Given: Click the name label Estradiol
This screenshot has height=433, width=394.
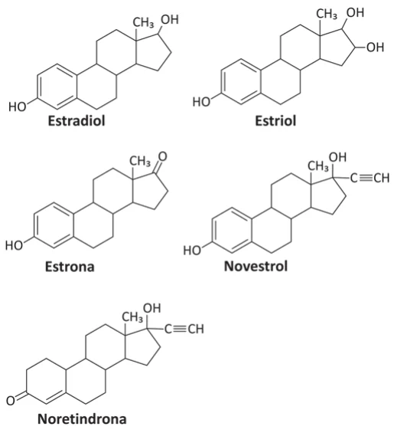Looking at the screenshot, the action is pyautogui.click(x=77, y=120).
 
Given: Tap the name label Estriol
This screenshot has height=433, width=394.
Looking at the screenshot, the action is pyautogui.click(x=275, y=120).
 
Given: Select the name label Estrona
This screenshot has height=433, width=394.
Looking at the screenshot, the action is pyautogui.click(x=70, y=267).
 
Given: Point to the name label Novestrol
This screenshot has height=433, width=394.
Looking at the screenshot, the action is pyautogui.click(x=256, y=266).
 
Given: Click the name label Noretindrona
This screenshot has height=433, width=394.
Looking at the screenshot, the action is pyautogui.click(x=82, y=419).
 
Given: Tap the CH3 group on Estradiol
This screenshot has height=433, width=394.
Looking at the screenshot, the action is pyautogui.click(x=143, y=23).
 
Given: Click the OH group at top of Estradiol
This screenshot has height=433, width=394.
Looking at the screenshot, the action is pyautogui.click(x=170, y=20).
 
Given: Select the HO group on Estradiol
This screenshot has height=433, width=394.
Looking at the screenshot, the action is pyautogui.click(x=18, y=107).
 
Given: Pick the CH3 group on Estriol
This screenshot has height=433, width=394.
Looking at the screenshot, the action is pyautogui.click(x=327, y=14).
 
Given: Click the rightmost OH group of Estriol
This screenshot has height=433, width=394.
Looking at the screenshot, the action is pyautogui.click(x=375, y=48).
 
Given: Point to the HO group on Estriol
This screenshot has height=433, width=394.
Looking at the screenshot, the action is pyautogui.click(x=201, y=102).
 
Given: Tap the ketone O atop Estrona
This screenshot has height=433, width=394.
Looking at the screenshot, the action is pyautogui.click(x=163, y=156).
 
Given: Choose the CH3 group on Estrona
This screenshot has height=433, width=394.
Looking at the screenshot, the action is pyautogui.click(x=140, y=161).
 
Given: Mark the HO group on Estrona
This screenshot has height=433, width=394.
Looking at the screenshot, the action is pyautogui.click(x=14, y=245).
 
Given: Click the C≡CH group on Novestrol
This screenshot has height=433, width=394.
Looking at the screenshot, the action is pyautogui.click(x=370, y=178).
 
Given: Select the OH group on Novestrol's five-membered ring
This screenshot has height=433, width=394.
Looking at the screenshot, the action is pyautogui.click(x=337, y=157).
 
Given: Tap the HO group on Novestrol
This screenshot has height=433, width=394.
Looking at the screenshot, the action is pyautogui.click(x=192, y=251).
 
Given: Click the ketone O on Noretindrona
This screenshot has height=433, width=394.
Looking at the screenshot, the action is pyautogui.click(x=11, y=401).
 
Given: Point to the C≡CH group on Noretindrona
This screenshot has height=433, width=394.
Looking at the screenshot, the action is pyautogui.click(x=184, y=330).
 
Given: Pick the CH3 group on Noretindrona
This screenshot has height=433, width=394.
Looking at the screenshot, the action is pyautogui.click(x=132, y=317).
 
